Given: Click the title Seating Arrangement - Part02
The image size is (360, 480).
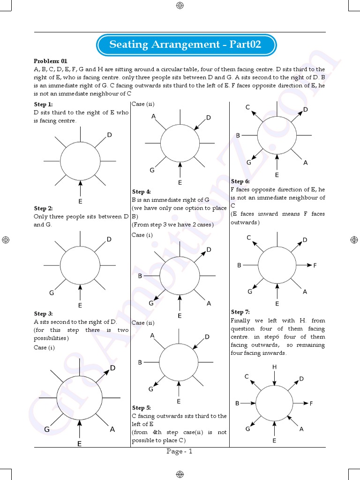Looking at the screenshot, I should [185, 45].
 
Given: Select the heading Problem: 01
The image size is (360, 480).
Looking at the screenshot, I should [51, 61].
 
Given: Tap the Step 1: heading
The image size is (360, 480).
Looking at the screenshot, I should [43, 105].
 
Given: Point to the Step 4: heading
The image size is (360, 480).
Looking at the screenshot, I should [142, 192].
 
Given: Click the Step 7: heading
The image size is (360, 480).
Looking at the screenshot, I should [240, 312].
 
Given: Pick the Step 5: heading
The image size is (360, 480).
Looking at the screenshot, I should [142, 408].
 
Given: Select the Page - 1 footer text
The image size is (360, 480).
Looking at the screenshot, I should [180, 451].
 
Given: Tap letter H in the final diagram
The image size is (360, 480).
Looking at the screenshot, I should [274, 367].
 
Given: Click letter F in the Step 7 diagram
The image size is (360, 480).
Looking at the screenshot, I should [311, 403].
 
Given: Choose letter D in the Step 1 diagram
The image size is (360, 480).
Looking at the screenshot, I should [109, 135].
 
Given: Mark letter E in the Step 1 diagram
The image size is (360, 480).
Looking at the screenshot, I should [81, 202].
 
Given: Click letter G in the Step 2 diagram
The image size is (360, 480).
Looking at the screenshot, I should [52, 293].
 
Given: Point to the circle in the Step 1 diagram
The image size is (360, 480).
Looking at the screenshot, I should [80, 161].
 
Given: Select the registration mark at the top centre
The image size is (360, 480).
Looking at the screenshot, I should [180, 6].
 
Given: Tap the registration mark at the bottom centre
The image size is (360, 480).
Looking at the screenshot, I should [180, 474].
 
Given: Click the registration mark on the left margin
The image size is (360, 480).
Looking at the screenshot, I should [6, 240].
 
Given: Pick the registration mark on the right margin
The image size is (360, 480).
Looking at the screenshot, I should [354, 240].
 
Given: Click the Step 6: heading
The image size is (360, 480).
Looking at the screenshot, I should [240, 181].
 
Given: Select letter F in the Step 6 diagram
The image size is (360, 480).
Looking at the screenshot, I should [315, 265].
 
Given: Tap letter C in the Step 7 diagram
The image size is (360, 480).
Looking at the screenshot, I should [247, 376].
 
